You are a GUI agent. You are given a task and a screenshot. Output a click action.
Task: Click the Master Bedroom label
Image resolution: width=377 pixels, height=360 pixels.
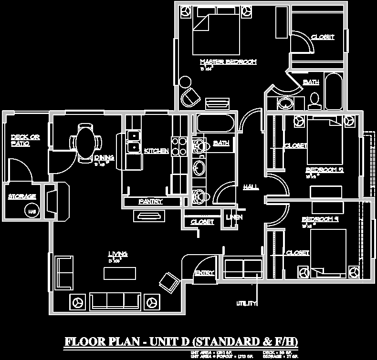(228, 62)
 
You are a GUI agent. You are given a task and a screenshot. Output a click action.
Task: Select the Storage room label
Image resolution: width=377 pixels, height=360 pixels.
(22, 196)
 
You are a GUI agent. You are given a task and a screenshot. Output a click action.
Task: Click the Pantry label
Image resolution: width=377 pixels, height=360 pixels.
(151, 202)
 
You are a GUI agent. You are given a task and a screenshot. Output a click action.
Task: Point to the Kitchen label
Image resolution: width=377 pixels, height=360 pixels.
(157, 151)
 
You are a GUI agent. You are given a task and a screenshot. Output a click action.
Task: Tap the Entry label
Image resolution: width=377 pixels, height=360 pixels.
(204, 273)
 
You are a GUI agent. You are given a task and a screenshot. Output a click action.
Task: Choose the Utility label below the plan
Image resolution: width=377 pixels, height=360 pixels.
(247, 303)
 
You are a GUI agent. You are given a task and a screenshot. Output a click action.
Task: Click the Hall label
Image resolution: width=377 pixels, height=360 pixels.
(251, 187)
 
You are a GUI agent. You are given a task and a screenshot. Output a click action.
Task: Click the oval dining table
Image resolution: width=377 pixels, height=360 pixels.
(86, 142)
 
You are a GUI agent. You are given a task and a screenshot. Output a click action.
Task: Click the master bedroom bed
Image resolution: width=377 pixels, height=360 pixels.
(216, 36)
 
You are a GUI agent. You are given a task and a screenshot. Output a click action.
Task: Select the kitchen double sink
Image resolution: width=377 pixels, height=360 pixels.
(134, 142)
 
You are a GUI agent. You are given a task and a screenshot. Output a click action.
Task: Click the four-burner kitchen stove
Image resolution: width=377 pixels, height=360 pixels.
(178, 146)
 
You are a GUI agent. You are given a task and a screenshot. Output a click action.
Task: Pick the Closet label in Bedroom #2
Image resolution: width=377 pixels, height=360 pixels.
(295, 146)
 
